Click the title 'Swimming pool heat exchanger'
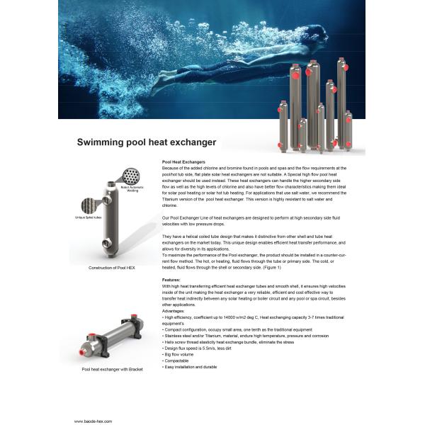147,142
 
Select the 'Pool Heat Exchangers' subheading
183,162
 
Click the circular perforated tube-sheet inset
130,176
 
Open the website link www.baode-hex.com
93,421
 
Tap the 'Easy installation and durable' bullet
190,366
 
